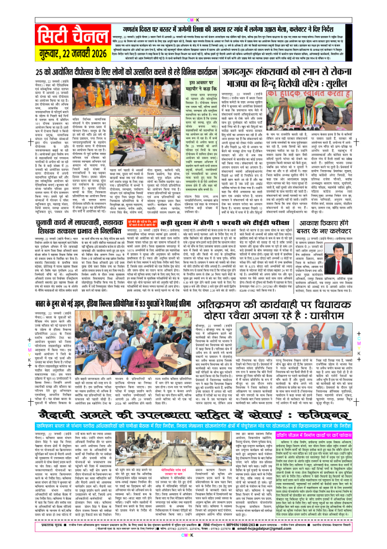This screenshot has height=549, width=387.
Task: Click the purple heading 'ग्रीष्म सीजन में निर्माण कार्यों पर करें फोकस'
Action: tap(334, 427)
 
